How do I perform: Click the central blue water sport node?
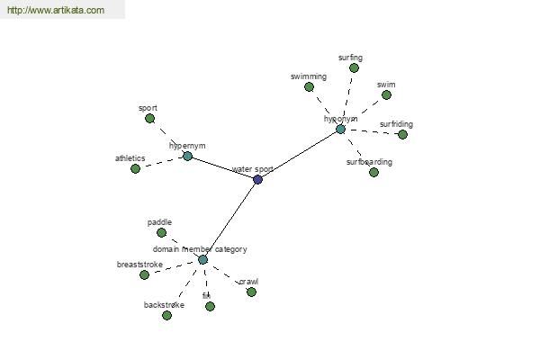point(258,180)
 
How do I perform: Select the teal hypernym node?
point(187,157)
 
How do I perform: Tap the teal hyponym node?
point(340,130)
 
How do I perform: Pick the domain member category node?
point(202,260)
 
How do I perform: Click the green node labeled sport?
point(149,119)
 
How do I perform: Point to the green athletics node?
point(135,168)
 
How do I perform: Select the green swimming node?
point(322,87)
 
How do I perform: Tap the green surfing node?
point(354,67)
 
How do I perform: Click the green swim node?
point(386,94)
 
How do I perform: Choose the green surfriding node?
point(402,135)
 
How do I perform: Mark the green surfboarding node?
point(373,172)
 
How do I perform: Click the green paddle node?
point(161,232)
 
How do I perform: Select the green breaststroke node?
point(144,274)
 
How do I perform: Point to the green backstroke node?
point(166,315)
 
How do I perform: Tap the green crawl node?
point(251,292)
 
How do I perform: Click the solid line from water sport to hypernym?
point(222,168)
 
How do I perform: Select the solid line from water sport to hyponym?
point(299,155)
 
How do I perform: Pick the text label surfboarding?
point(369,163)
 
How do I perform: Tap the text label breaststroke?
point(140,265)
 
